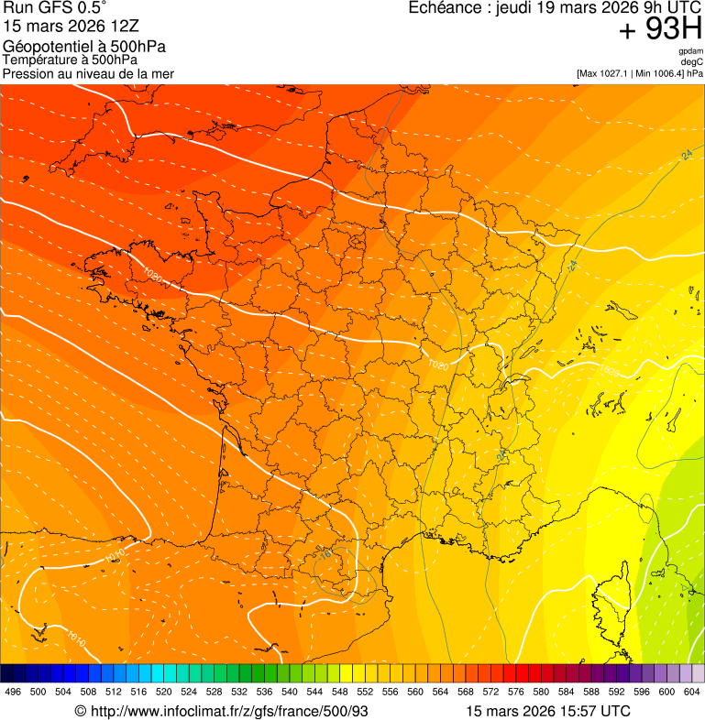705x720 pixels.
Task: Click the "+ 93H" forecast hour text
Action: pos(660,30)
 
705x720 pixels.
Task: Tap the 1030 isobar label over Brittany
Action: pos(152,276)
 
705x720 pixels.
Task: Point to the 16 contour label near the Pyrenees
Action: pos(325,554)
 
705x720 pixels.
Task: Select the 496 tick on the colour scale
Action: pos(13,692)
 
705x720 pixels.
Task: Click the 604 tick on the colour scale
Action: pos(692,692)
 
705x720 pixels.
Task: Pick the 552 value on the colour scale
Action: pos(365,692)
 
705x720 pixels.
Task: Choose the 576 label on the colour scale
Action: pos(516,692)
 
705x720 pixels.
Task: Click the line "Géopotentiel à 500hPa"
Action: pos(84,47)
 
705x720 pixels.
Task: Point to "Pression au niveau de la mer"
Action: pos(88,73)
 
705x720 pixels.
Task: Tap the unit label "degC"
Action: pos(693,62)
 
